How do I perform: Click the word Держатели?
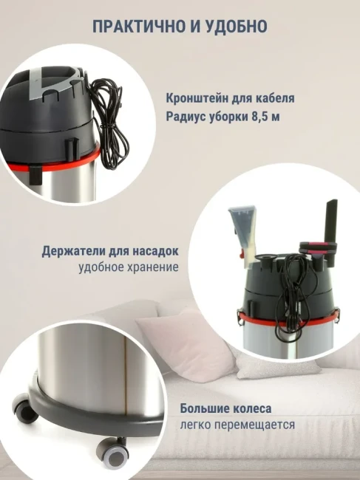[72, 251]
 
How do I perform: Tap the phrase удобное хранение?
[129, 267]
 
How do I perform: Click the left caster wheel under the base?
[24, 408]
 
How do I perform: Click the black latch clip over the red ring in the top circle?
[35, 174]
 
